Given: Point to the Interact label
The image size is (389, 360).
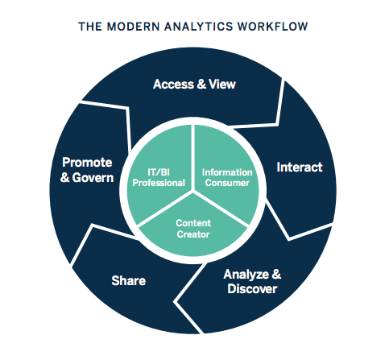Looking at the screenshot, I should [299, 168].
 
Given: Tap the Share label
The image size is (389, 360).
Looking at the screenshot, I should [128, 280].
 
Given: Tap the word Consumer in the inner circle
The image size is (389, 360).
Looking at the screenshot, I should [226, 183].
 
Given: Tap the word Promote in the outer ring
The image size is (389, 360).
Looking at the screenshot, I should [86, 162].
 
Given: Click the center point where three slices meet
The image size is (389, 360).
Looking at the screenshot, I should [193, 191].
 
